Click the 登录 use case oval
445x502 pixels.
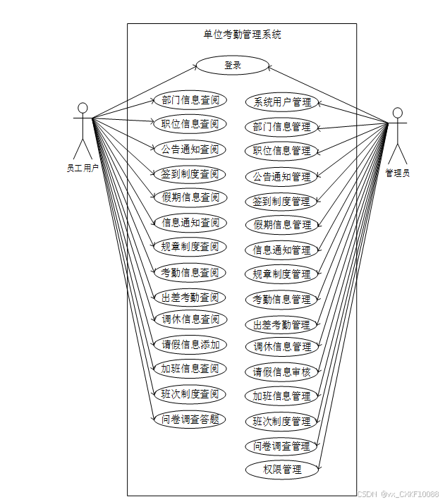[x=233, y=66]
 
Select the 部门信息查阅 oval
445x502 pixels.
[x=190, y=99]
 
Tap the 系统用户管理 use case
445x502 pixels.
[x=282, y=102]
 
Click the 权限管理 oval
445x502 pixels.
[x=282, y=469]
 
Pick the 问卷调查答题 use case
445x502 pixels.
[x=190, y=419]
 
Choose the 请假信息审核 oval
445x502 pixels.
[x=282, y=372]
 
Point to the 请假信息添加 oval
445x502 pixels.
[x=190, y=345]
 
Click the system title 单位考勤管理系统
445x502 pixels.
[x=242, y=35]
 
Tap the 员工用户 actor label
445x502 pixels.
[x=82, y=168]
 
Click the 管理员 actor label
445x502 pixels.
[x=397, y=173]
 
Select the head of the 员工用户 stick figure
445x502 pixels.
[x=83, y=108]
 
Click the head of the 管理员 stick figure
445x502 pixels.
[x=398, y=113]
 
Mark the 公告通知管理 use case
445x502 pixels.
[x=282, y=176]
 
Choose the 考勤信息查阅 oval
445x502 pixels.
[x=190, y=272]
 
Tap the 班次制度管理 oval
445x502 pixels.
[x=282, y=421]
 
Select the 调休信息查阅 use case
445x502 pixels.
[x=190, y=319]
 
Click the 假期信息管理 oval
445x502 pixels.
[x=282, y=225]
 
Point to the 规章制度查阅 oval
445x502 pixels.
[x=190, y=247]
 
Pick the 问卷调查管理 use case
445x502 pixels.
[x=282, y=446]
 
